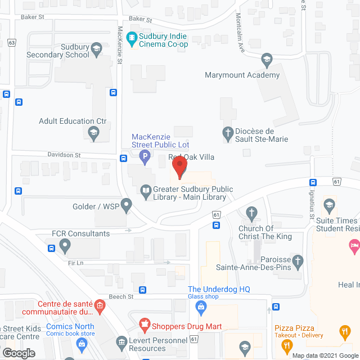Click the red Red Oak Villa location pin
[179, 167]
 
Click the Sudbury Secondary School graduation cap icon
[96, 49]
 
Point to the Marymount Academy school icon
[267, 60]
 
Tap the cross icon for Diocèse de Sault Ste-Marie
[228, 133]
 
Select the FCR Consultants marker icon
[65, 245]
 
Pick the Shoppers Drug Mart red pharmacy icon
[145, 325]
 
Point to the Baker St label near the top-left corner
[33, 17]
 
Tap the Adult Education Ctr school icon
[93, 133]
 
